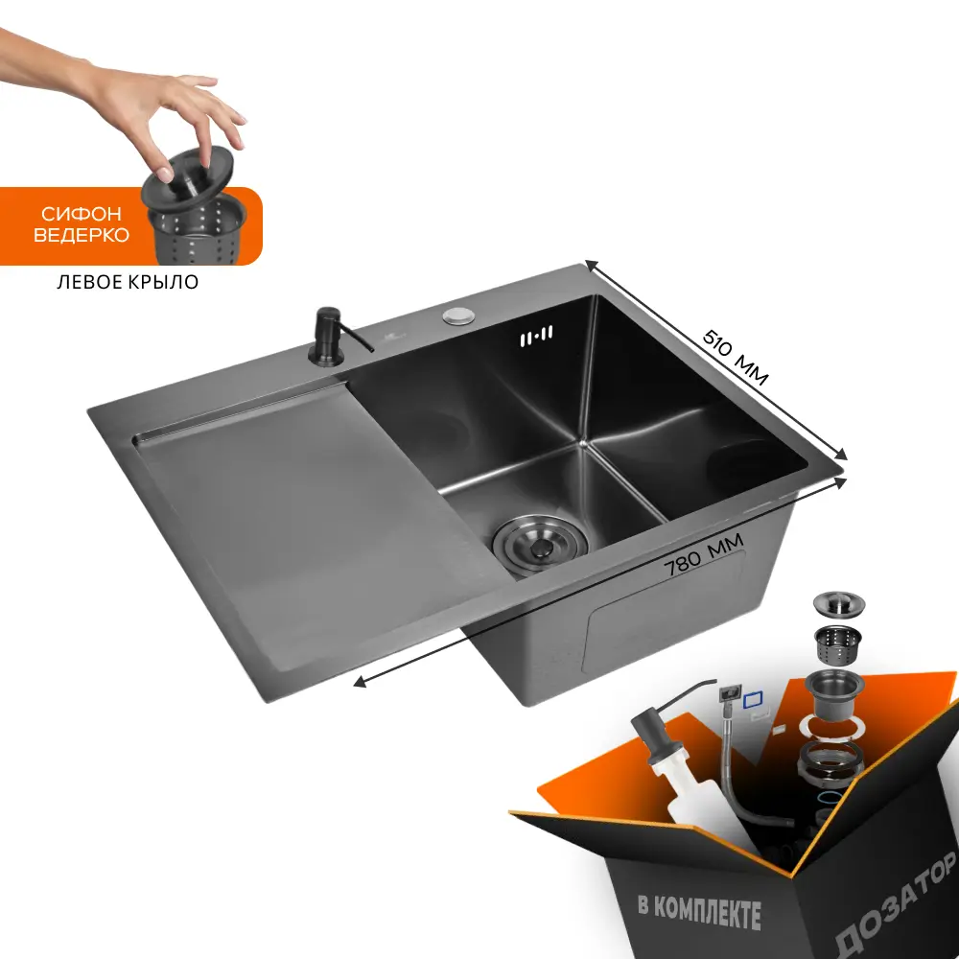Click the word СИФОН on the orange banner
tap(82, 214)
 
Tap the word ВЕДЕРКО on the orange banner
tap(82, 236)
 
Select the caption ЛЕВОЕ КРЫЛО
tap(128, 282)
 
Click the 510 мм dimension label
tap(735, 358)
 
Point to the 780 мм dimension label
tap(704, 554)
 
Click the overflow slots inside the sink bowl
tap(536, 337)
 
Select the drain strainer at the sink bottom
tap(539, 544)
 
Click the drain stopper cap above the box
tap(838, 603)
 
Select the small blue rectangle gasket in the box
tap(754, 700)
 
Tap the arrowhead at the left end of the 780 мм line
tap(360, 682)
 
